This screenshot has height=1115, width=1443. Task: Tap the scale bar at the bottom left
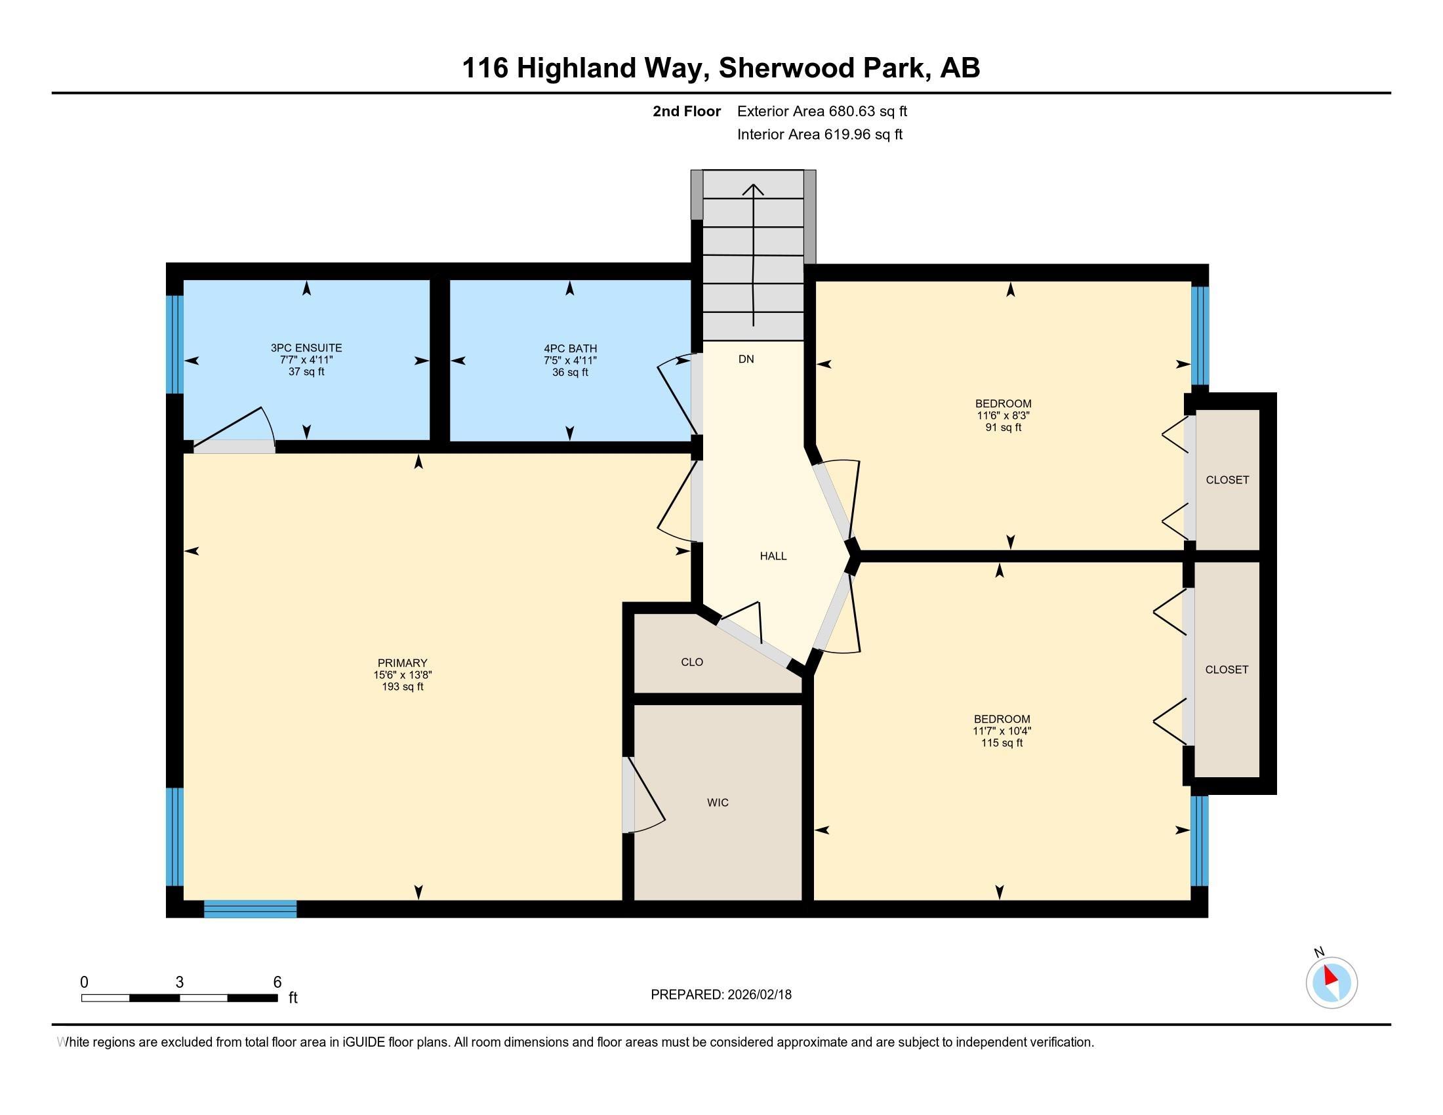pos(179,998)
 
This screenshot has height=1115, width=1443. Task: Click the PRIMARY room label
pos(402,662)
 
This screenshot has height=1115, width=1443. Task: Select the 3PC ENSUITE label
pos(306,348)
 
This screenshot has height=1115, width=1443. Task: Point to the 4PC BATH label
pos(570,348)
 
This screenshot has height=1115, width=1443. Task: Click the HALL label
pos(773,556)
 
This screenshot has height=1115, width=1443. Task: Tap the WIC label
pos(718,803)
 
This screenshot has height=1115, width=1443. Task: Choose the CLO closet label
pos(692,662)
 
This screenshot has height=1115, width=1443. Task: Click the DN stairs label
pos(746,359)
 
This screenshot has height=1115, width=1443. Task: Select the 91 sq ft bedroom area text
pos(1003,428)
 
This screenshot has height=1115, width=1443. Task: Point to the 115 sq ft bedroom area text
pos(1002,743)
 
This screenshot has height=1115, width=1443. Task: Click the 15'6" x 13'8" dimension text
pos(402,674)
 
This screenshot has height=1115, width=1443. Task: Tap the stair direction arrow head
pos(753,190)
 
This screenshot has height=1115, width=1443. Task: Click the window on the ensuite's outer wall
pos(174,344)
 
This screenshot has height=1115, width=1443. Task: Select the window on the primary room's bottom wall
pos(251,909)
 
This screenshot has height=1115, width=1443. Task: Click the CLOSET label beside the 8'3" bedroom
pos(1227,480)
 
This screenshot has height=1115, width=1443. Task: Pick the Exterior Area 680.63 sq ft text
pos(822,111)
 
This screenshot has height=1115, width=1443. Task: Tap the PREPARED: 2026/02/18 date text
pos(721,995)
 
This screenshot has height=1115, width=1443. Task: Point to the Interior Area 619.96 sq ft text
pos(819,134)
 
